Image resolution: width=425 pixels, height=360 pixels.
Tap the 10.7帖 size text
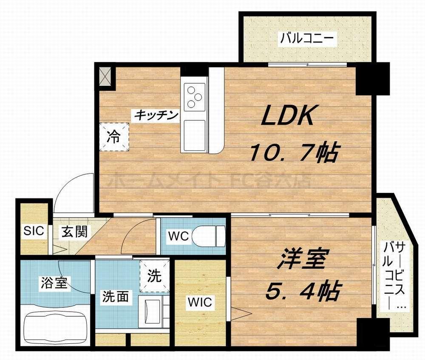[x=293, y=153]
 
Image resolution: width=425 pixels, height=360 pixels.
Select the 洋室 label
[x=303, y=261]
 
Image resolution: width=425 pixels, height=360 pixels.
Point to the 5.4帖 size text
[x=303, y=291]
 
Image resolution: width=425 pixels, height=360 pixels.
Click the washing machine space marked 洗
[x=155, y=276]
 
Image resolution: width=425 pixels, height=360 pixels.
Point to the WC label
[x=178, y=236]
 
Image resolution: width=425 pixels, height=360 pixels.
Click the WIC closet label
[x=200, y=303]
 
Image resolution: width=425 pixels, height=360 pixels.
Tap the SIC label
[x=34, y=231]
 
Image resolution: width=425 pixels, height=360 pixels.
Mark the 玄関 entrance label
[x=74, y=232]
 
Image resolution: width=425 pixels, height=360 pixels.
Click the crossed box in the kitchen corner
[x=106, y=77]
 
